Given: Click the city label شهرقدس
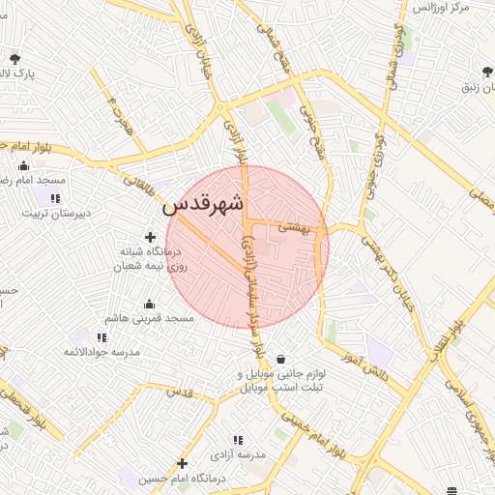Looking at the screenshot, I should (205, 205).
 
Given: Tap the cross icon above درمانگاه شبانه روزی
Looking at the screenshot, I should (150, 237).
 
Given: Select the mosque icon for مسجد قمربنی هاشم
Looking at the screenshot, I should (150, 304).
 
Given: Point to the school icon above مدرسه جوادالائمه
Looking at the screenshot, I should (101, 337).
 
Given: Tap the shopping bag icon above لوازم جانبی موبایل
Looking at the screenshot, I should (280, 359).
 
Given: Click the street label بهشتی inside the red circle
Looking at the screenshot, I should (292, 228).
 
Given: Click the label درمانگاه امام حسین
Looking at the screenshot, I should (183, 479).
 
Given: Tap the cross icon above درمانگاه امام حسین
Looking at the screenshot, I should (179, 463).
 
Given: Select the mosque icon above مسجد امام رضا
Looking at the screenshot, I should (23, 165).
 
